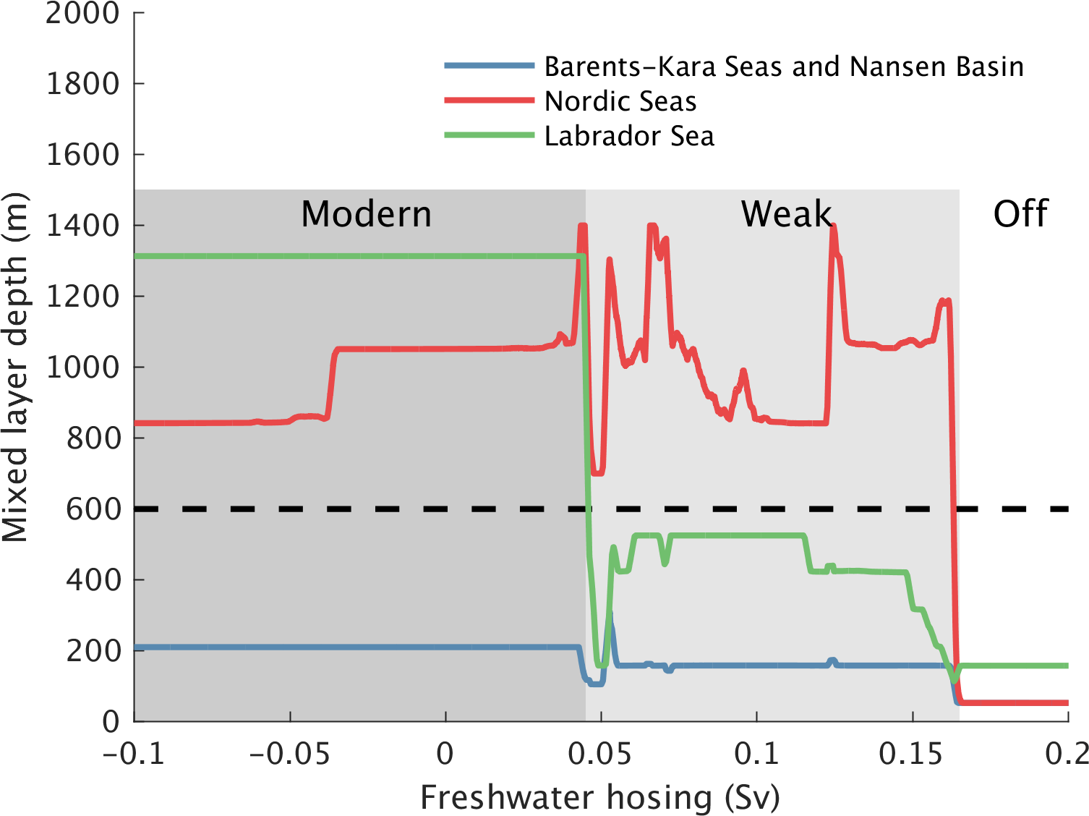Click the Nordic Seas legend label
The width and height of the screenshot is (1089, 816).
click(x=620, y=101)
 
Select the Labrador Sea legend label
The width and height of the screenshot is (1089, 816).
click(x=629, y=136)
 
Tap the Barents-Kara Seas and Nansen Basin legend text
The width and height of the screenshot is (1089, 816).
click(x=784, y=67)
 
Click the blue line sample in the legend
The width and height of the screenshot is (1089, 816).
click(x=490, y=66)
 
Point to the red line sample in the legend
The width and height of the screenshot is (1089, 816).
click(x=490, y=101)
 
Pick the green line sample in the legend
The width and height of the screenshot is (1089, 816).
click(x=490, y=135)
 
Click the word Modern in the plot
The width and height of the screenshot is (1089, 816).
click(x=366, y=214)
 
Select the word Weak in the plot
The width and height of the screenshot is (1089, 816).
click(x=786, y=214)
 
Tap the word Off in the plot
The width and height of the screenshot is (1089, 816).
click(x=1020, y=214)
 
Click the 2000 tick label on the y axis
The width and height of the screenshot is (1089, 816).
click(x=82, y=13)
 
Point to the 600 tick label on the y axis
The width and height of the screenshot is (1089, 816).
click(x=94, y=509)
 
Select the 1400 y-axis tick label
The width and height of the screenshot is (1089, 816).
click(x=82, y=226)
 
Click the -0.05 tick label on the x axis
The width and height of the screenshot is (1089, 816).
click(x=289, y=754)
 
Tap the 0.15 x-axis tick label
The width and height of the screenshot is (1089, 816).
click(x=911, y=754)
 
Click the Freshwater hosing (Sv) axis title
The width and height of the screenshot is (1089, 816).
click(x=600, y=797)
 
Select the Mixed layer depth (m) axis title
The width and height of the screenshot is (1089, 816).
click(x=16, y=367)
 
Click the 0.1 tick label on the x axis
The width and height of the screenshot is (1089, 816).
click(x=756, y=754)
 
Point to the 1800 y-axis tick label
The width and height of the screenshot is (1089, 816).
click(x=82, y=84)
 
